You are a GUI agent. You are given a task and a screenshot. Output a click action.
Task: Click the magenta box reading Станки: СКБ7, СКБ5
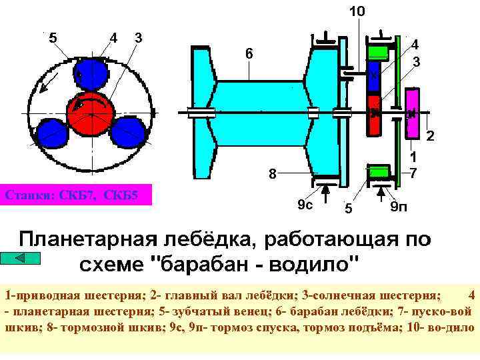[x=76, y=196]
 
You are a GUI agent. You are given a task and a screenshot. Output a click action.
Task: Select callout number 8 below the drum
[x=272, y=175]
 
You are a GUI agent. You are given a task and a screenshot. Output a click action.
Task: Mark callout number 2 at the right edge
[x=430, y=137]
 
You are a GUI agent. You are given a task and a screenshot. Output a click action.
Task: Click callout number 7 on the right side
[x=413, y=173]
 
